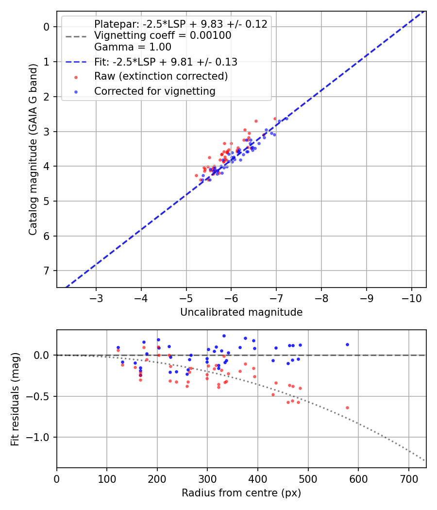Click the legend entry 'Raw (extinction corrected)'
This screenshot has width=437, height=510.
point(161,76)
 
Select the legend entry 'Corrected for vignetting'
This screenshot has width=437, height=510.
point(154,91)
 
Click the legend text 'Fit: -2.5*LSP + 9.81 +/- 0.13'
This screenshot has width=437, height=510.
point(166,62)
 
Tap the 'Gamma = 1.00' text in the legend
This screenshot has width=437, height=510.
point(133,47)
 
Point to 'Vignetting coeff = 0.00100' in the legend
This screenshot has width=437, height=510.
point(163,35)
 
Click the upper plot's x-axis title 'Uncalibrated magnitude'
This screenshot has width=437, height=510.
point(241,312)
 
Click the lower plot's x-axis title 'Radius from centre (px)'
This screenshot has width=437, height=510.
point(241,493)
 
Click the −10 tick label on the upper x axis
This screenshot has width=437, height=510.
point(412,297)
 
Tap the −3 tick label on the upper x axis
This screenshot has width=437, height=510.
point(96,297)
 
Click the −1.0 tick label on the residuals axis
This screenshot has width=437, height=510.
point(40,437)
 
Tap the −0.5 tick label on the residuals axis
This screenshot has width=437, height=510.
point(40,396)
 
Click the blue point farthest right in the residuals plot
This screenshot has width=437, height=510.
point(347,344)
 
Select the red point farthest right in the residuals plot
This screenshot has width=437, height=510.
point(347,408)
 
